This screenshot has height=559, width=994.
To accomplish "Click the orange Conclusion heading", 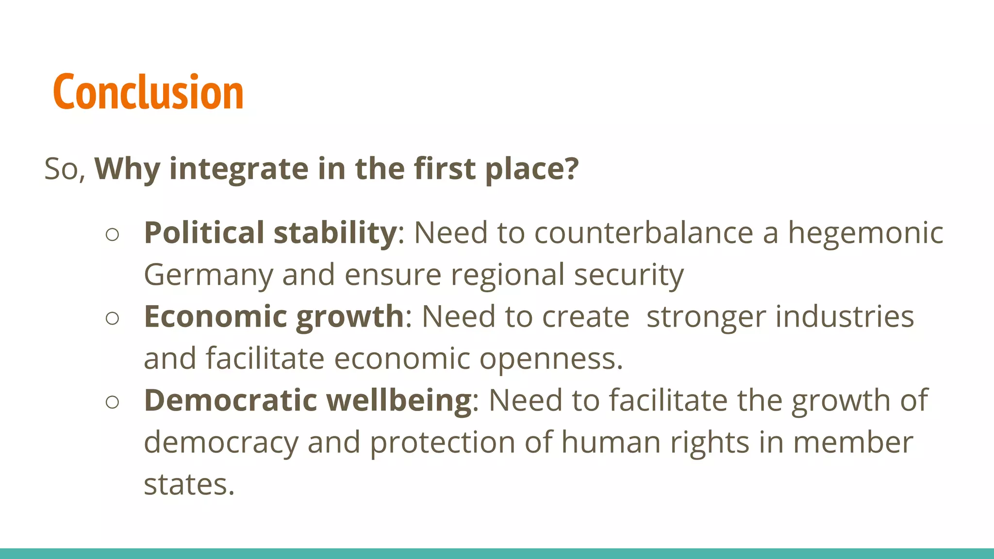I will (148, 92).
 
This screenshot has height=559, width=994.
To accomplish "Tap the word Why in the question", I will (127, 169).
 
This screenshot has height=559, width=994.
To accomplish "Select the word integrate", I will (239, 169).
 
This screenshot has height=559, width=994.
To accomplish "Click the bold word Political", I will (204, 232).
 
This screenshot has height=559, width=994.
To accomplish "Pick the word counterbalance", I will (644, 232).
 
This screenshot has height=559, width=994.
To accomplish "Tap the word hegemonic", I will (865, 232).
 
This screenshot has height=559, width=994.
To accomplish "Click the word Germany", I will (208, 275).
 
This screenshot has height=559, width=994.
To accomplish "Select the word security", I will (629, 275).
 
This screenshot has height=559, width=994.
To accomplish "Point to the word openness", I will (551, 359).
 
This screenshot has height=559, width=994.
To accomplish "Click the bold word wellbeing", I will (399, 400).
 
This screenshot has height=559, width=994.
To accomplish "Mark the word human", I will (611, 443).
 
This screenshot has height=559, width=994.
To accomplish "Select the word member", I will (853, 443).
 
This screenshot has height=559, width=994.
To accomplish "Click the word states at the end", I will (189, 484).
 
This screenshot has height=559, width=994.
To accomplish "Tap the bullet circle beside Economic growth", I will (112, 318).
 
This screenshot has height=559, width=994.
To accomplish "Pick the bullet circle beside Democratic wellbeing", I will (112, 402).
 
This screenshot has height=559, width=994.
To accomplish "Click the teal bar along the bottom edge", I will (497, 554).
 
